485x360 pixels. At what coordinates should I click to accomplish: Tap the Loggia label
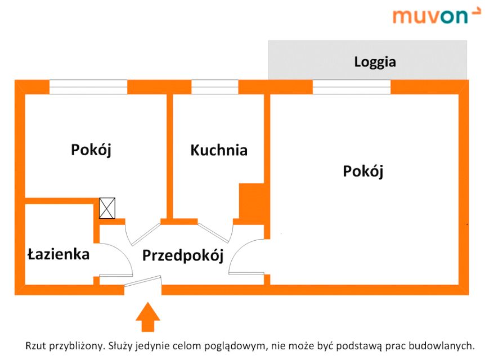pos(375,61)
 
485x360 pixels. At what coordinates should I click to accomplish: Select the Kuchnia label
pos(219,150)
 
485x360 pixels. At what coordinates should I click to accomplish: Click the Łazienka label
pos(59,254)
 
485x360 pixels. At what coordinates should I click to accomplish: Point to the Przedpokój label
pos(183,255)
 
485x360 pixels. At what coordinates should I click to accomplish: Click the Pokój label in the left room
pos(91,150)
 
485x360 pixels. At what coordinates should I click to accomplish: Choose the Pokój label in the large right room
pos(363,170)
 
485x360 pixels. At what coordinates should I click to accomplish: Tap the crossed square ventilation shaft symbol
pos(107,208)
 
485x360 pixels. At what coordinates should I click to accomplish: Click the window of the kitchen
pos(215,87)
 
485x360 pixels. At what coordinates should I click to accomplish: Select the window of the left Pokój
pos(88,87)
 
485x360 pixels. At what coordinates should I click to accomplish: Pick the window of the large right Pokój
pos(351,87)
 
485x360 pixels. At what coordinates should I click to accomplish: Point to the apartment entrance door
pos(143,282)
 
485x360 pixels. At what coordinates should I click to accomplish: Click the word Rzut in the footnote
pos(35,345)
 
